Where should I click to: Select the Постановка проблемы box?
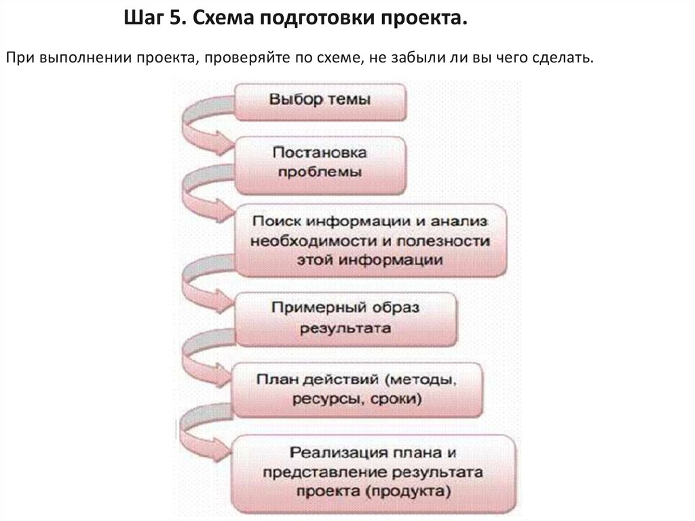pos(320,162)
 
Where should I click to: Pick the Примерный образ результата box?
pos(345,318)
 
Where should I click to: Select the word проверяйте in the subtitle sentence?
pos(239,58)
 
